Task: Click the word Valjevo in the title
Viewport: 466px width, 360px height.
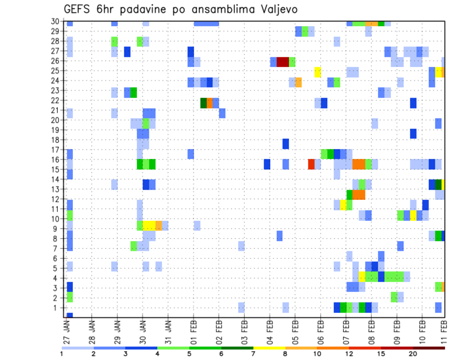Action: click(x=274, y=9)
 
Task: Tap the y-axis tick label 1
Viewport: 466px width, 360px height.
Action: click(x=57, y=307)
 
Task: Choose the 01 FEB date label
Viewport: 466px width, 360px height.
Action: click(x=191, y=329)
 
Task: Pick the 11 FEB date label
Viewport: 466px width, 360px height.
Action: click(x=442, y=329)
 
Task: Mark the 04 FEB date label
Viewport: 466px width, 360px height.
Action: click(x=270, y=329)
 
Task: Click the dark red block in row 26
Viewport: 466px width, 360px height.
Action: click(x=283, y=62)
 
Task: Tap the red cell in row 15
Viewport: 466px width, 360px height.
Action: click(x=311, y=164)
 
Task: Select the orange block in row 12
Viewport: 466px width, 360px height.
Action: click(x=359, y=195)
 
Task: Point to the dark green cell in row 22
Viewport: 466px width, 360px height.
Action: click(x=203, y=103)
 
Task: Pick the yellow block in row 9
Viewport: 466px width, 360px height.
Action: click(x=149, y=225)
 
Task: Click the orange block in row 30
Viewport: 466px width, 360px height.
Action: click(x=371, y=23)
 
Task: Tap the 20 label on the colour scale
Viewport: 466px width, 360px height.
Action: click(x=413, y=354)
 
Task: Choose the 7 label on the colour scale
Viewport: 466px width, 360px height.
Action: click(x=253, y=354)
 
